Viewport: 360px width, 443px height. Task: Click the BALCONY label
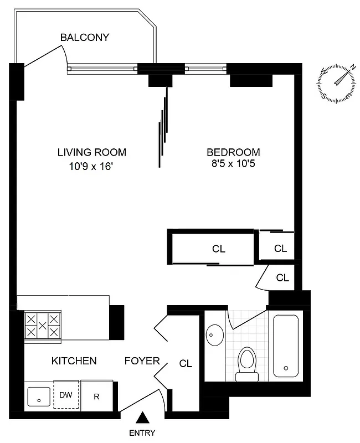pyautogui.click(x=85, y=38)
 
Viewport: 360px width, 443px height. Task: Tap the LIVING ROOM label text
pyautogui.click(x=92, y=152)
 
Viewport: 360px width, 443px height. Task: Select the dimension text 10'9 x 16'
pyautogui.click(x=92, y=165)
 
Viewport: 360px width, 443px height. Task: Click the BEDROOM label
pyautogui.click(x=233, y=152)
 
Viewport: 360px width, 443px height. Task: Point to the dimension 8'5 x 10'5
pyautogui.click(x=233, y=164)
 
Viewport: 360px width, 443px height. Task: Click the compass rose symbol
pyautogui.click(x=336, y=84)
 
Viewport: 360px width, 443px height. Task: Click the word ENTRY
pyautogui.click(x=143, y=433)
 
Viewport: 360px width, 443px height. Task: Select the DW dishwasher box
pyautogui.click(x=66, y=395)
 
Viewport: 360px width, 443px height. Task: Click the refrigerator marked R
pyautogui.click(x=97, y=395)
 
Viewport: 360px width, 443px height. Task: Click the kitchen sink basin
pyautogui.click(x=39, y=396)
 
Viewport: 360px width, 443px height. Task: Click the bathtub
pyautogui.click(x=286, y=346)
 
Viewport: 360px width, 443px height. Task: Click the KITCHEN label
pyautogui.click(x=74, y=361)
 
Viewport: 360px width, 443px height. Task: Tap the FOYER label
pyautogui.click(x=142, y=362)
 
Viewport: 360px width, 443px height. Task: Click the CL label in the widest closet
pyautogui.click(x=219, y=249)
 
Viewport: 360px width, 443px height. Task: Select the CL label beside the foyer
pyautogui.click(x=186, y=364)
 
